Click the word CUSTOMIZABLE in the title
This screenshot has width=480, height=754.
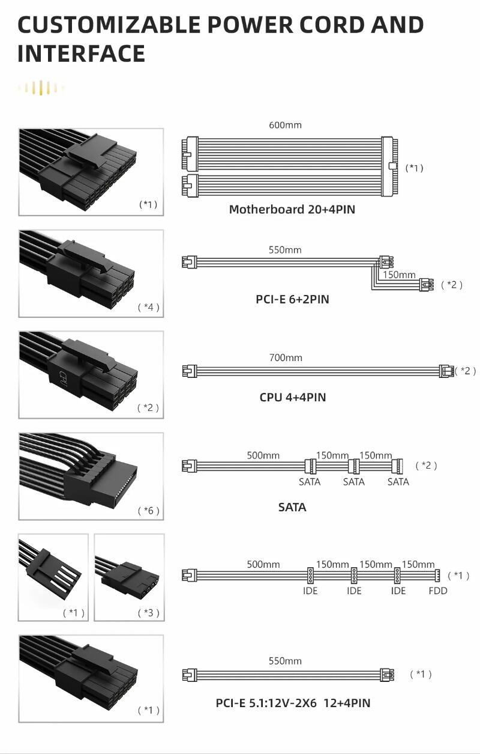tap(109, 25)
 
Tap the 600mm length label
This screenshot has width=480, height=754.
tap(285, 125)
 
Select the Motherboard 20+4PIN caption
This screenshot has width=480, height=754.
tap(292, 209)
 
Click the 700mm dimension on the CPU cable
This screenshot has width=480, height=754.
tap(286, 357)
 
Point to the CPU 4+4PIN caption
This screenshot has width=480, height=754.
tap(292, 397)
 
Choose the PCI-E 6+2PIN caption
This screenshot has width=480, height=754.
tap(292, 299)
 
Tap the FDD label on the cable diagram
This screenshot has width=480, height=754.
tap(437, 591)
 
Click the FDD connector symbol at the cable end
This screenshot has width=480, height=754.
tap(437, 575)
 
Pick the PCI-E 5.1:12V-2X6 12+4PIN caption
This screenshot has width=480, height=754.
tap(293, 703)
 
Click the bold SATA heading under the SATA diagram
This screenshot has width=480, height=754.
tap(292, 507)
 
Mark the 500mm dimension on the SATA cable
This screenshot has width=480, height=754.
tap(263, 455)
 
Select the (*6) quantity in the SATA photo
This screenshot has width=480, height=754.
tap(148, 511)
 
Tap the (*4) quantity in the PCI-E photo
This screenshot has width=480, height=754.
tap(148, 307)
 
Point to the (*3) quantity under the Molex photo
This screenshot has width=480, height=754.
tap(148, 613)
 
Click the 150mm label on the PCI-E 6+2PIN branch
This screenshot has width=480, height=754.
tap(399, 275)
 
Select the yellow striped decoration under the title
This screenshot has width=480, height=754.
tap(41, 88)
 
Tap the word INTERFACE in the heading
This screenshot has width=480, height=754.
tap(81, 54)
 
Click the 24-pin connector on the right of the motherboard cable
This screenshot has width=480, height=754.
tap(389, 166)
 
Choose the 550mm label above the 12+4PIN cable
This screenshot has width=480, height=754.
tap(285, 661)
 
